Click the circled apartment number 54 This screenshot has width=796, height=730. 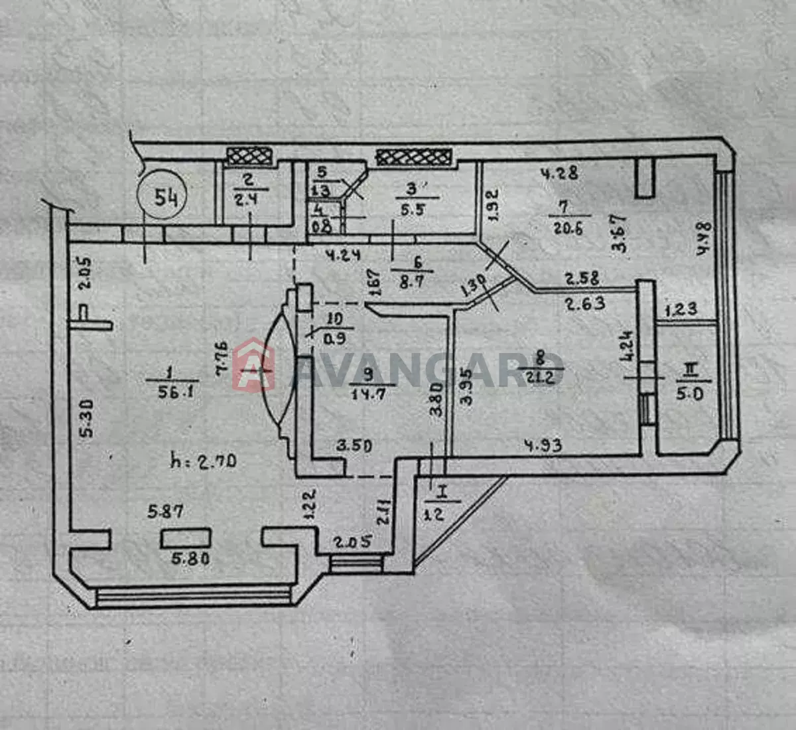[x=163, y=197]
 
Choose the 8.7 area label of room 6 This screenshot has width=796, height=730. [x=418, y=281]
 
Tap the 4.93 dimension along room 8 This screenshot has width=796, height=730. [x=543, y=445]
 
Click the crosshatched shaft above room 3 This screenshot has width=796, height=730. [x=415, y=157]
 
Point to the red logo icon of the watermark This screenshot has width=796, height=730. [x=253, y=364]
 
